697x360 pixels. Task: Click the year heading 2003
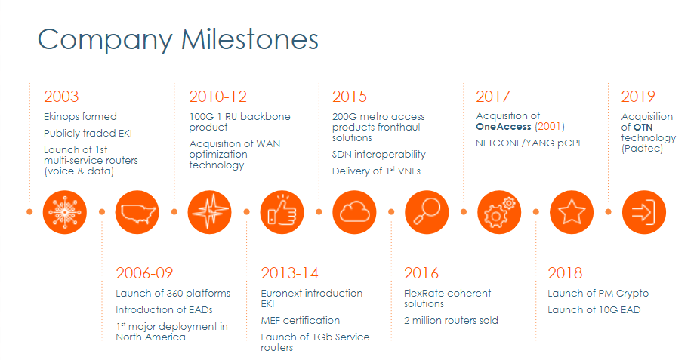61,97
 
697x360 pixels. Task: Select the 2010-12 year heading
217,97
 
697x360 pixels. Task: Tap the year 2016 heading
421,273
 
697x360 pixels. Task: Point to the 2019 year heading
638,97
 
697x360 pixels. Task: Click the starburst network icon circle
65,212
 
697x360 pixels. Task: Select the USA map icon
137,212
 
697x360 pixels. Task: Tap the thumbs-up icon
282,212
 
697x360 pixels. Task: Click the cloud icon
354,212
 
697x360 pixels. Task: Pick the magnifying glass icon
427,212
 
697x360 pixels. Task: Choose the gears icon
499,212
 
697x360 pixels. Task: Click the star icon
572,212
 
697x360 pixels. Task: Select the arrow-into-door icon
644,212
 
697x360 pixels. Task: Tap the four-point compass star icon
209,212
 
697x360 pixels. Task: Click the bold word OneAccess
504,127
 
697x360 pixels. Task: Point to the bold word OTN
643,127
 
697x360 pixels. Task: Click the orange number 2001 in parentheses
549,127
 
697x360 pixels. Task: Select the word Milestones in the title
250,39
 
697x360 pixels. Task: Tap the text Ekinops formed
80,116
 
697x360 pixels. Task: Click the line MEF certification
301,321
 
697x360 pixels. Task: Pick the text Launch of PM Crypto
598,294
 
